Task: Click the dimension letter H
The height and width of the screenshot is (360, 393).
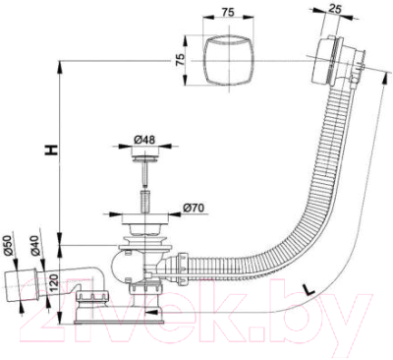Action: (x=51, y=150)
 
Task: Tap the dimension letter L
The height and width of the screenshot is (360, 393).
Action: (x=309, y=290)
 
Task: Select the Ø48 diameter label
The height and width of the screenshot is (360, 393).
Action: (x=144, y=140)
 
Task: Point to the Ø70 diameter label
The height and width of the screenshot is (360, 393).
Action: (x=194, y=208)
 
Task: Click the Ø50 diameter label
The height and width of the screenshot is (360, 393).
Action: (x=8, y=246)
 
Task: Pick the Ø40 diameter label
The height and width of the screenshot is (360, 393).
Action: (x=35, y=246)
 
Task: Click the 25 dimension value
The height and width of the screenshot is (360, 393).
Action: (x=334, y=9)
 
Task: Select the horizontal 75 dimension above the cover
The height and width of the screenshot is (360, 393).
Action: (x=228, y=13)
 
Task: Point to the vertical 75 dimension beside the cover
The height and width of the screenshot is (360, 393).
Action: (x=181, y=60)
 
